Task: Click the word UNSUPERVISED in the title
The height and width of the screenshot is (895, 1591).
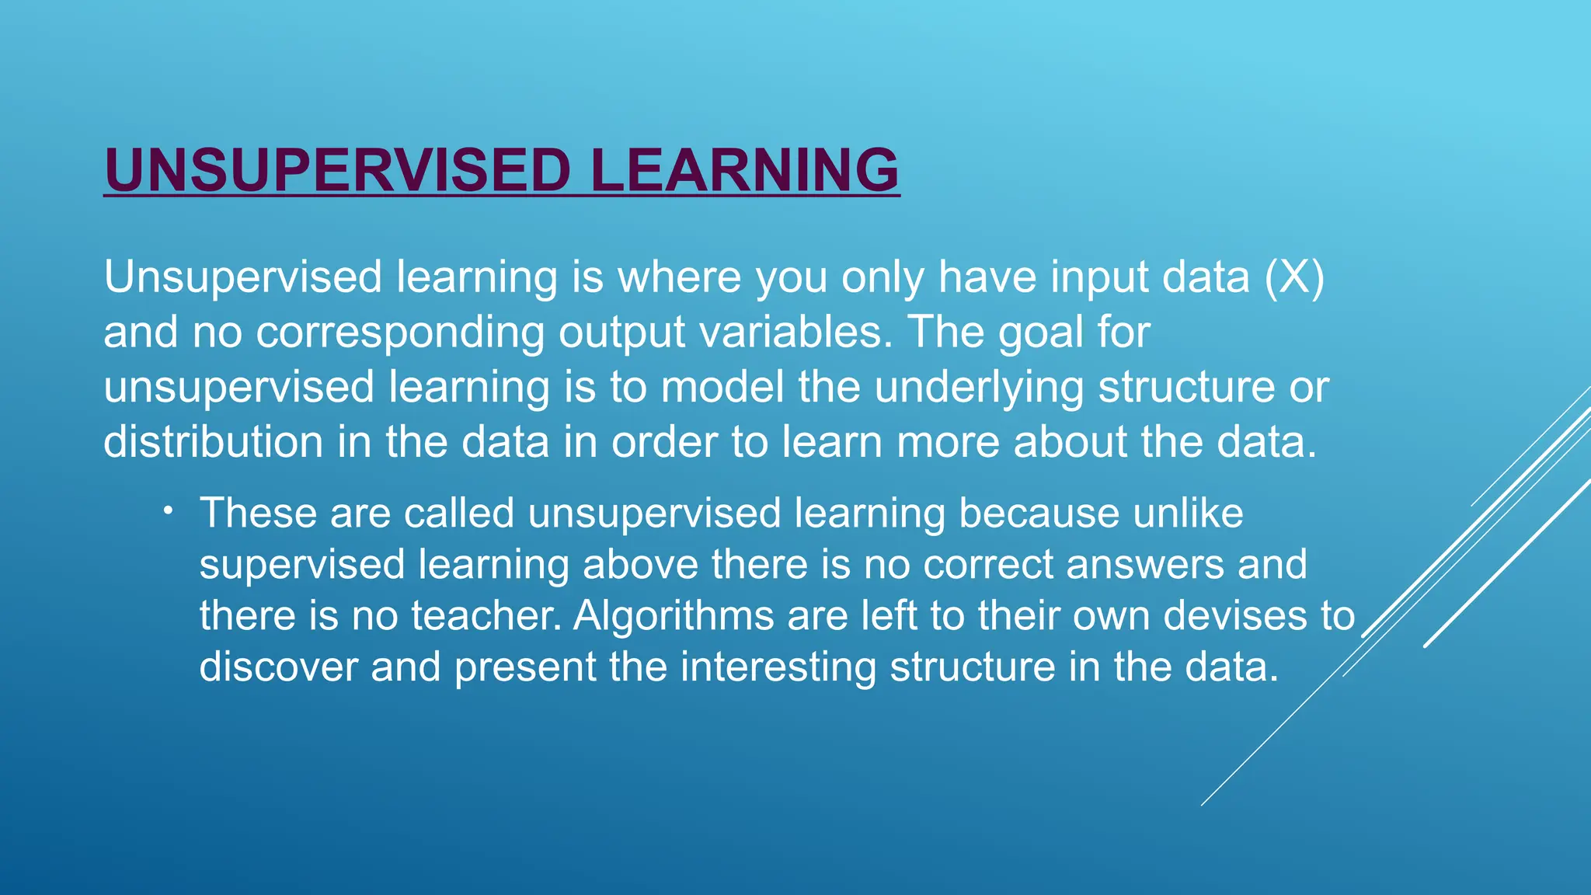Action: [338, 170]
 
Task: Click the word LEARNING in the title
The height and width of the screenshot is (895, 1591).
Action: [744, 170]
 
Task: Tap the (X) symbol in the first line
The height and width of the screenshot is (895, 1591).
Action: [1293, 277]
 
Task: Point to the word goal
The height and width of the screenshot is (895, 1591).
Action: [1041, 333]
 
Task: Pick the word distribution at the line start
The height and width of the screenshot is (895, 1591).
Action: [214, 442]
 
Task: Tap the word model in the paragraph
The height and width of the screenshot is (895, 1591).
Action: [722, 387]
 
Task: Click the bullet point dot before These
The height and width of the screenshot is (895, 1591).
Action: [168, 510]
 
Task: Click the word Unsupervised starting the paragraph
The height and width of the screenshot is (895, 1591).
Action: [243, 277]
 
